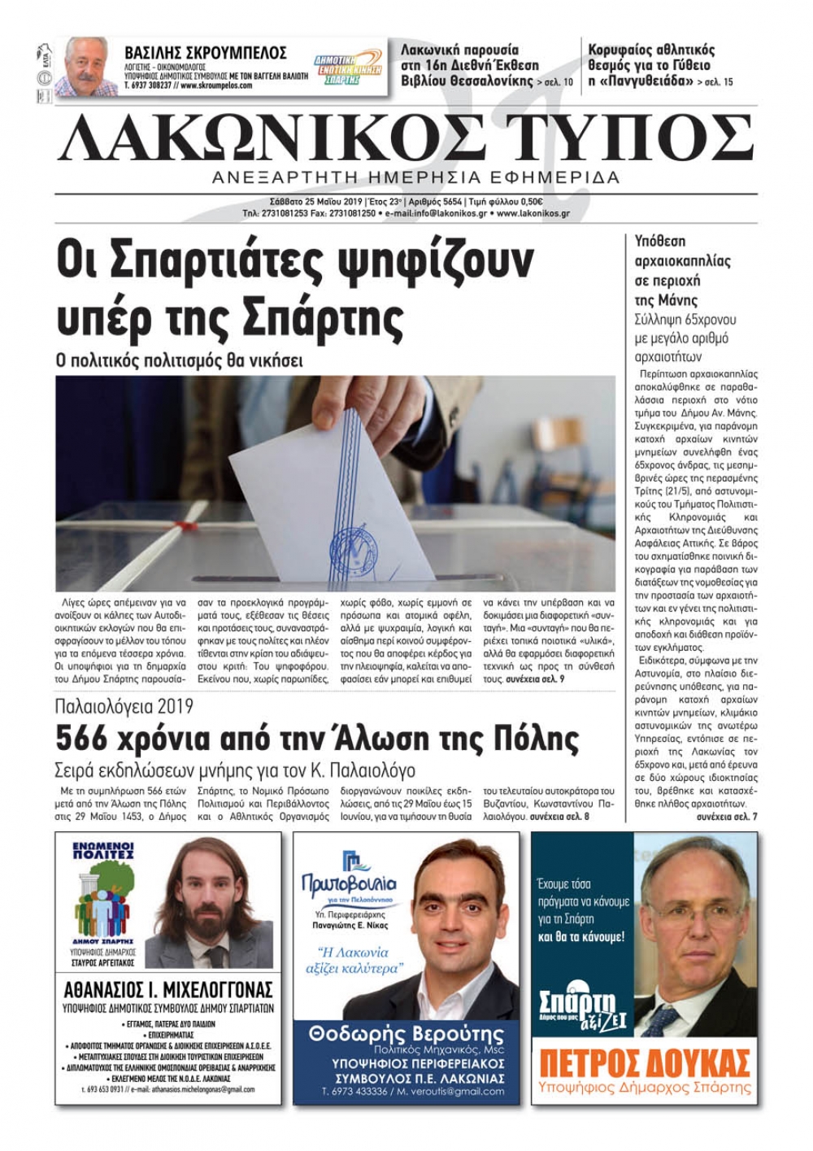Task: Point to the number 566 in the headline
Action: (81, 739)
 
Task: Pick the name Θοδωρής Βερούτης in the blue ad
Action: (406, 1035)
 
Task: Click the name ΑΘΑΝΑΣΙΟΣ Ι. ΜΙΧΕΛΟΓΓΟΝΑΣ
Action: (168, 990)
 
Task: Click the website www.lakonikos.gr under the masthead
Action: (533, 214)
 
